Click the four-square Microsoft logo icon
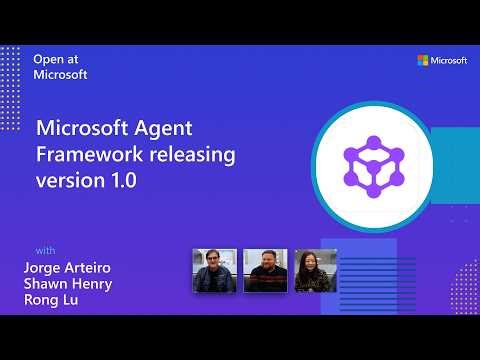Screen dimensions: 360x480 (423, 60)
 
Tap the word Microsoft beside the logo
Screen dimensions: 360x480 (449, 60)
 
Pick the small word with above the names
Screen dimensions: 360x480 (46, 249)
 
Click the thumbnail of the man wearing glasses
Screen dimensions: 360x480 (214, 271)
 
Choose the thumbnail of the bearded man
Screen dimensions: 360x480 (265, 271)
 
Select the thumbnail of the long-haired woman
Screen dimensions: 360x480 (315, 271)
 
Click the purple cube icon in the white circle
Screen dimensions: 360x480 (372, 160)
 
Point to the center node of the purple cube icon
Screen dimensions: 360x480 (372, 162)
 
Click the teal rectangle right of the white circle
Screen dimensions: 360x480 (455, 160)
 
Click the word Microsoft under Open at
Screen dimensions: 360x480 (60, 74)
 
